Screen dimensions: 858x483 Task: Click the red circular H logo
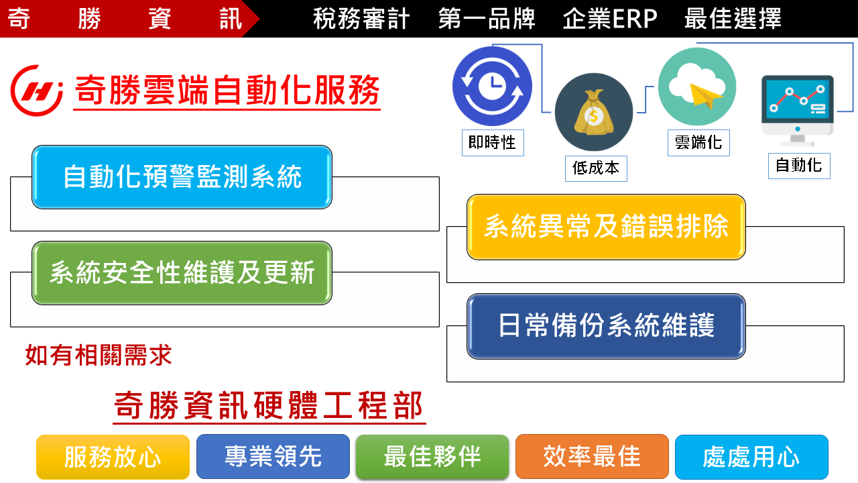pos(37,91)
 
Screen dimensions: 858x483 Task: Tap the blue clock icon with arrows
pos(492,86)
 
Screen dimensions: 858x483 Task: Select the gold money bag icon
pos(594,112)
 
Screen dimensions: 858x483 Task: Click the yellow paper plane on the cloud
pos(706,95)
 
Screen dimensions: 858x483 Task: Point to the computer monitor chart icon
pos(798,111)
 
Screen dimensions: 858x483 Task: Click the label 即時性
pos(493,143)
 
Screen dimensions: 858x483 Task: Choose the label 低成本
pos(596,168)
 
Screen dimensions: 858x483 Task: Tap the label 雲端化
pos(698,143)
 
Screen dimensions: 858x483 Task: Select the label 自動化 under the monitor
pos(799,166)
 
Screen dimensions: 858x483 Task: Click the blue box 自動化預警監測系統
pos(182,177)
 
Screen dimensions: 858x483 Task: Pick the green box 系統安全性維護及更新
pos(182,273)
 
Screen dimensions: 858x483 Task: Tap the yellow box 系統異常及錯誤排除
pos(606,227)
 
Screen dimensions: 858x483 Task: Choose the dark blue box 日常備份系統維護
pos(606,326)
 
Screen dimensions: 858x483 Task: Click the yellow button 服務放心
pos(113,457)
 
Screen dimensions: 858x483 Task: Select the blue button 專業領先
pos(273,457)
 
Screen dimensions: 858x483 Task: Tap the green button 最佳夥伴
pos(432,457)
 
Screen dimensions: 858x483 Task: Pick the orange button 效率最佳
pos(592,457)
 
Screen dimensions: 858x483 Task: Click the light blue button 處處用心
pos(751,457)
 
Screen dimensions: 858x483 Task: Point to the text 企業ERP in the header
pos(610,18)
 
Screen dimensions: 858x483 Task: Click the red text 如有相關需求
pos(99,355)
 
